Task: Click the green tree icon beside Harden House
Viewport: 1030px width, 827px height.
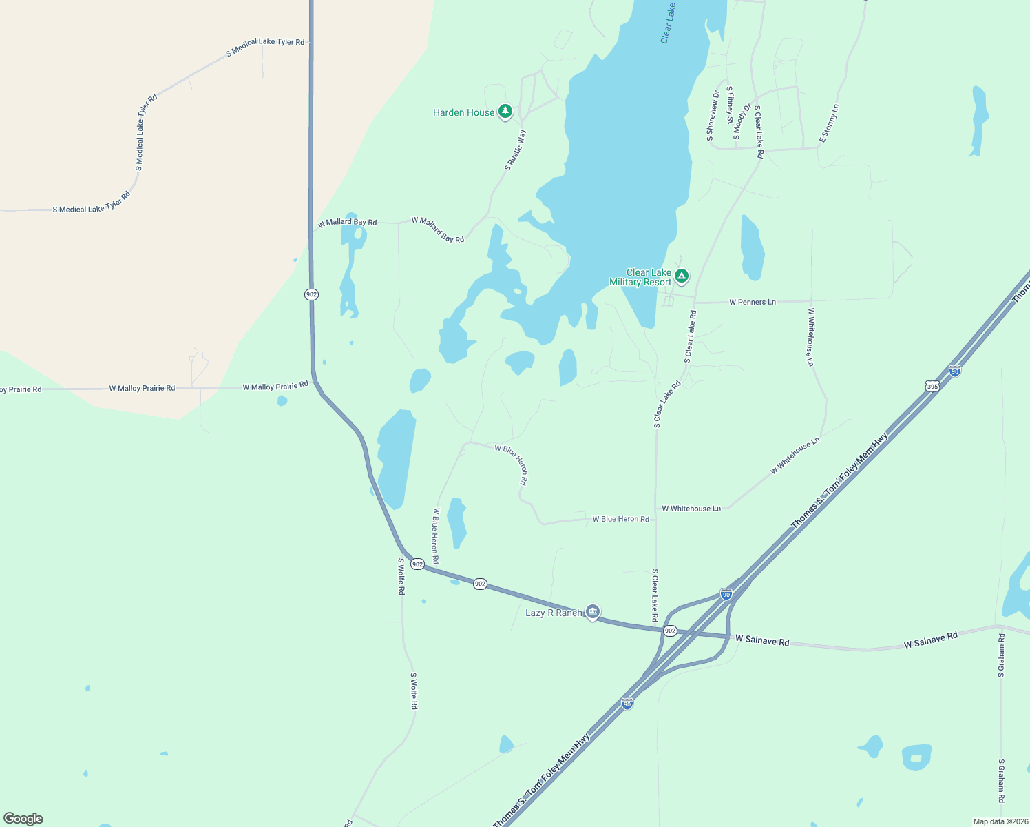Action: (x=505, y=111)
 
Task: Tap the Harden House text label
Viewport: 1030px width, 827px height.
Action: (x=463, y=112)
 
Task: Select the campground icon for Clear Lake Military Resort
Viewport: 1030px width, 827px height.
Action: (x=682, y=276)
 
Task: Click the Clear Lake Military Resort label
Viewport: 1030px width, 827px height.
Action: (x=640, y=277)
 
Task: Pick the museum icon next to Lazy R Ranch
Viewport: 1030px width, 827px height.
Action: (x=593, y=611)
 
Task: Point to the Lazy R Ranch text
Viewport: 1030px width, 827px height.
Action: (x=553, y=613)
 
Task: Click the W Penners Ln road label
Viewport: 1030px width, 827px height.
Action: (x=752, y=302)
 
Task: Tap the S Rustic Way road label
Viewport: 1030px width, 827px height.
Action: (x=515, y=150)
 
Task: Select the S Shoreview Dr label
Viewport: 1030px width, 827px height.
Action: (x=713, y=116)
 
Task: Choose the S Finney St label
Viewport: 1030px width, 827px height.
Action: (x=730, y=105)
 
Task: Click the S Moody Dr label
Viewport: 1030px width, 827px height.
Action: (x=742, y=121)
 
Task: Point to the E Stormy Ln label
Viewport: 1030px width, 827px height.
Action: (x=829, y=124)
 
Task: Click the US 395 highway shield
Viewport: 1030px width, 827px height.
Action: (x=932, y=386)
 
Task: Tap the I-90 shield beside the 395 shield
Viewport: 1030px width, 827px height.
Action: (x=954, y=371)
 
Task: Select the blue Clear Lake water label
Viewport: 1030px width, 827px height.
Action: (x=667, y=23)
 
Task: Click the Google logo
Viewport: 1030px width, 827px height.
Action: (x=23, y=819)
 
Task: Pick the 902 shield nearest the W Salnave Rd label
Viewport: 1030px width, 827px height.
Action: (x=670, y=631)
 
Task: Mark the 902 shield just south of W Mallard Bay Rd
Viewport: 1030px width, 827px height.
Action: (x=311, y=294)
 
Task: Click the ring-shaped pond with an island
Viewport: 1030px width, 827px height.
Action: (x=916, y=757)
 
